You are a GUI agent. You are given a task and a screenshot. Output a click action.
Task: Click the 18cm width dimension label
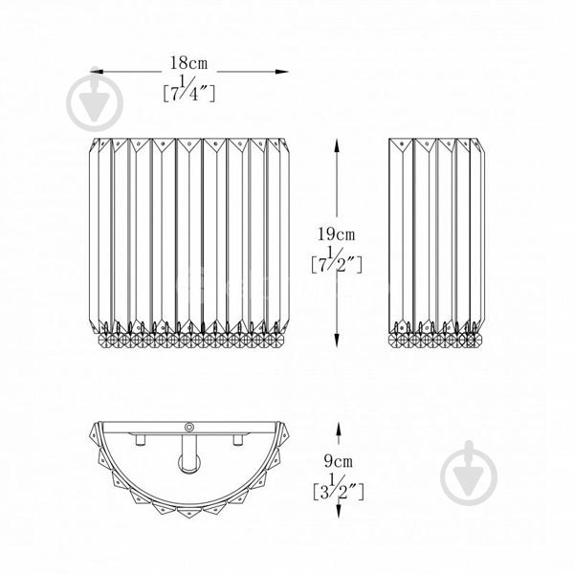click(188, 63)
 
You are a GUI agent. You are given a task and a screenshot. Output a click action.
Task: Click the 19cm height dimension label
click(336, 234)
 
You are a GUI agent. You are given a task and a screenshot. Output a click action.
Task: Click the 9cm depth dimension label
click(339, 461)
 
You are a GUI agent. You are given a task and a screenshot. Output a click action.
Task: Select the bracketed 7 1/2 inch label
click(337, 260)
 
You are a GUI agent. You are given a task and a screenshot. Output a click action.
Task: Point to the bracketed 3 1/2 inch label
click(339, 487)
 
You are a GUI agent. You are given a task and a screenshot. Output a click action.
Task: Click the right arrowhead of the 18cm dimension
click(282, 72)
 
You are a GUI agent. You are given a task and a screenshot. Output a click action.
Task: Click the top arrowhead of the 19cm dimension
click(337, 145)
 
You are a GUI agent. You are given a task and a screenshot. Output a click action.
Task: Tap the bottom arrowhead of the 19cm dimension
click(337, 340)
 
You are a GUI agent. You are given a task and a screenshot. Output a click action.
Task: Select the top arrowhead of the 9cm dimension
click(339, 429)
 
